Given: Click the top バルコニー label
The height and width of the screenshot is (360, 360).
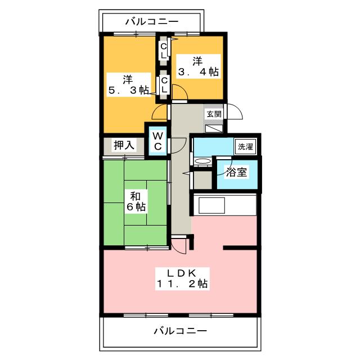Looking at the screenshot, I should pos(151,22).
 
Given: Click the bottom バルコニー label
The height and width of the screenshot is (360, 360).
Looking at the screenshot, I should pos(180,331).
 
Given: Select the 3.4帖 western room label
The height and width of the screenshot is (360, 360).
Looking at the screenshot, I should pos(198,65).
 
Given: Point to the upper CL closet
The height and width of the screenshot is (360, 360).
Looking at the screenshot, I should pos(163,51).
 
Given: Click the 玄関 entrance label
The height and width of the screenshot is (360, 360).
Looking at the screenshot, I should pos(214,114).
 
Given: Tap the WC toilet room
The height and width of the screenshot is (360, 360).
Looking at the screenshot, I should pos(158,141).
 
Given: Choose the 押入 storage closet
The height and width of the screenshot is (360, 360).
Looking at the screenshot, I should pos(124,145).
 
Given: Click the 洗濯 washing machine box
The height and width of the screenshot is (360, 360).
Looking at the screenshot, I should pos(245,147).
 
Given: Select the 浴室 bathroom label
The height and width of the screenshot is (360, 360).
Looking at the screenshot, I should pos(237,172).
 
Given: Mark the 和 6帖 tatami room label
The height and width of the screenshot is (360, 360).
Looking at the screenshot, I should pos(135,202).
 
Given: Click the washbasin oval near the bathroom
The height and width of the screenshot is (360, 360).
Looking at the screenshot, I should pos(202,162).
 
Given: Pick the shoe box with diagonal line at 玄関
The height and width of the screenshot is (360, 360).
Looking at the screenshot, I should pos(214,128).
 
